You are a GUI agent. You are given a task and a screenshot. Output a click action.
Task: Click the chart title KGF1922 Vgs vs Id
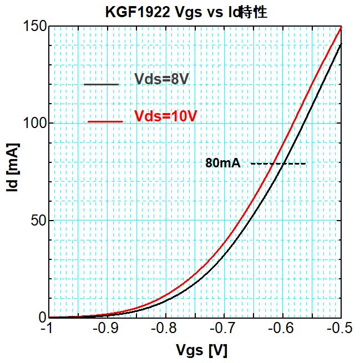pyautogui.click(x=186, y=12)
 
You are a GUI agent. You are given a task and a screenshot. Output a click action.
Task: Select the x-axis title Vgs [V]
pyautogui.click(x=201, y=350)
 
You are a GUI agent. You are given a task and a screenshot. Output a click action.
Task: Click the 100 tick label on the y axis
pyautogui.click(x=34, y=124)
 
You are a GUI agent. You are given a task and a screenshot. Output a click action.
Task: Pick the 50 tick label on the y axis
pyautogui.click(x=37, y=221)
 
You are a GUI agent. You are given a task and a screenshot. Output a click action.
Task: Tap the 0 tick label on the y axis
pyautogui.click(x=41, y=318)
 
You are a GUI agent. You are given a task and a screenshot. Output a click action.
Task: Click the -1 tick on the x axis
pyautogui.click(x=47, y=329)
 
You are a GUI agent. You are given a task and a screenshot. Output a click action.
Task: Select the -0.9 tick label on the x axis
pyautogui.click(x=105, y=329)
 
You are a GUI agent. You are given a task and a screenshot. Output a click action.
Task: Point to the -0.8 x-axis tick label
pyautogui.click(x=164, y=329)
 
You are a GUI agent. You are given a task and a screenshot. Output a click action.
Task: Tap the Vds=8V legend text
pyautogui.click(x=162, y=79)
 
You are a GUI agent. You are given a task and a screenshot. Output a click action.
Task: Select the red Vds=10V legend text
pyautogui.click(x=166, y=116)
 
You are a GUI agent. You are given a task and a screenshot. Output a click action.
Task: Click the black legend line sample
pyautogui.click(x=102, y=84)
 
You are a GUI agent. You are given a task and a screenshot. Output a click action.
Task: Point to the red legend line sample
pyautogui.click(x=105, y=121)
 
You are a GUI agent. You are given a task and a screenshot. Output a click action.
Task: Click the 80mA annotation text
pyautogui.click(x=222, y=163)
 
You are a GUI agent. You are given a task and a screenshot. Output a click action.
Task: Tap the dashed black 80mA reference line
pyautogui.click(x=278, y=163)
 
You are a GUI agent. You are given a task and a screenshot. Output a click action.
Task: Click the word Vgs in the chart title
pyautogui.click(x=180, y=12)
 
